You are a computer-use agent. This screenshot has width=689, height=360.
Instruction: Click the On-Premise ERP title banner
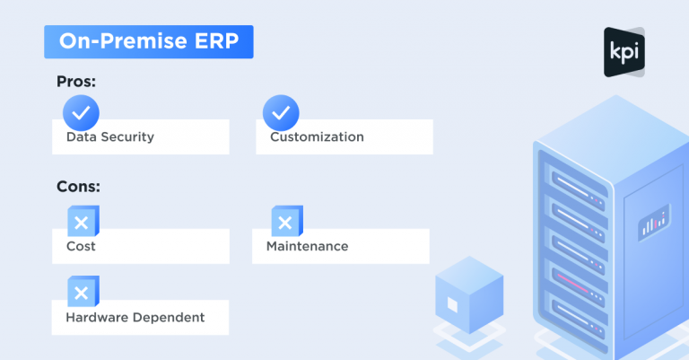coord(149,42)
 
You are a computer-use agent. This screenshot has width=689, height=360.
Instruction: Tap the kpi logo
coord(624,52)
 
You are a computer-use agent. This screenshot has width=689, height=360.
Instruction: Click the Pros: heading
coord(76,82)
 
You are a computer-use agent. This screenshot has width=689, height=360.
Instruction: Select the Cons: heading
coord(78,187)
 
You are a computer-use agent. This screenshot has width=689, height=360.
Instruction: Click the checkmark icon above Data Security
coord(81,113)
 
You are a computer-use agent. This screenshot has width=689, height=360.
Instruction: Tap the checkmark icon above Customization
coord(281,113)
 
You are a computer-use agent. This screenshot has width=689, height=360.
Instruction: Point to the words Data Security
coord(110,136)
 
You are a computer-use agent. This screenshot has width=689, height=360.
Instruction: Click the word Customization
coord(317,136)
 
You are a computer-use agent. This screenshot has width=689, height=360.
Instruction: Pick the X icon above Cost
coord(83,221)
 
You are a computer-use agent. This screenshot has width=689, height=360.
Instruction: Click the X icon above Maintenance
coord(287,221)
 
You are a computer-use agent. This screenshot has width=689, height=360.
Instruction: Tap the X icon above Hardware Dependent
coord(83,292)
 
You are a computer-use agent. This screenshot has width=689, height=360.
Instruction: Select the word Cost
coord(81,246)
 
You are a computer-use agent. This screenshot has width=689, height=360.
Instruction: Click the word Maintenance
coord(307,246)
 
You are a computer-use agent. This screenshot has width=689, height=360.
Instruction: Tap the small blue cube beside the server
coord(469,295)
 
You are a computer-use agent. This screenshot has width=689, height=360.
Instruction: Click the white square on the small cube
coord(452,304)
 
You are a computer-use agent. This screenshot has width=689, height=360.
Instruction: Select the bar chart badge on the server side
coord(654,223)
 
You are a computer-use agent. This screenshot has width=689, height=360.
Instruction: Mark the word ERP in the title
coord(217,41)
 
